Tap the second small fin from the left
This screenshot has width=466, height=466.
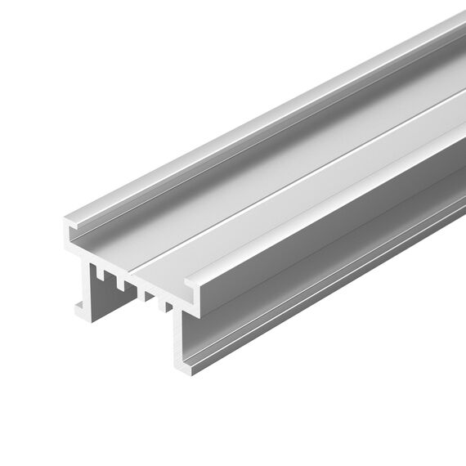pos(119,283)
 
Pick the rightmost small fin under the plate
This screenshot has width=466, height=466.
pos(167,307)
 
